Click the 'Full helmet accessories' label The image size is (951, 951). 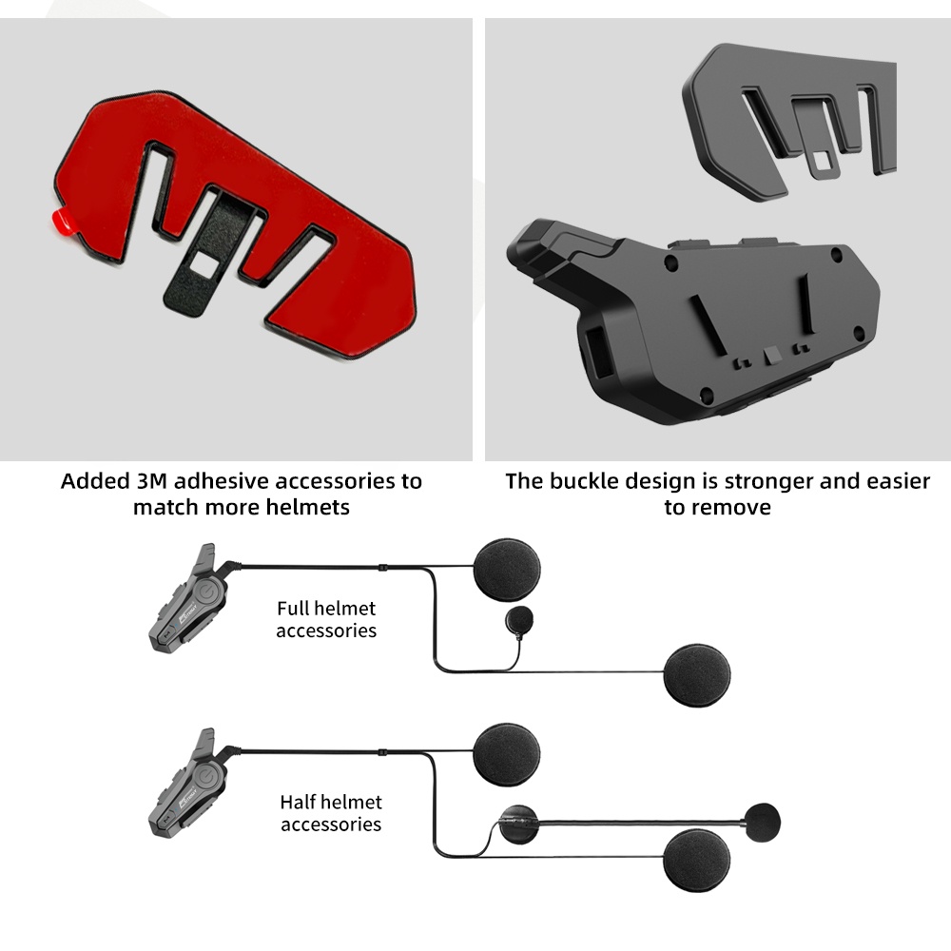[326, 619]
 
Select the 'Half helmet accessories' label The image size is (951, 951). [331, 813]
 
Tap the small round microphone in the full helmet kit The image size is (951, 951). [519, 620]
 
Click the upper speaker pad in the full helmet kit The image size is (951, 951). [507, 570]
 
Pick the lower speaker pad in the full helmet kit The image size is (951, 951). [697, 675]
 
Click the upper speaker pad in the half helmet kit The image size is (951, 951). [507, 754]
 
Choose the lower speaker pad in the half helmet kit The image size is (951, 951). [697, 861]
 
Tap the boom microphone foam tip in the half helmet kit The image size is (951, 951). [763, 823]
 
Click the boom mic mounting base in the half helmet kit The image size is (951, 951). [518, 825]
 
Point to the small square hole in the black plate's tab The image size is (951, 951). [823, 161]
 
